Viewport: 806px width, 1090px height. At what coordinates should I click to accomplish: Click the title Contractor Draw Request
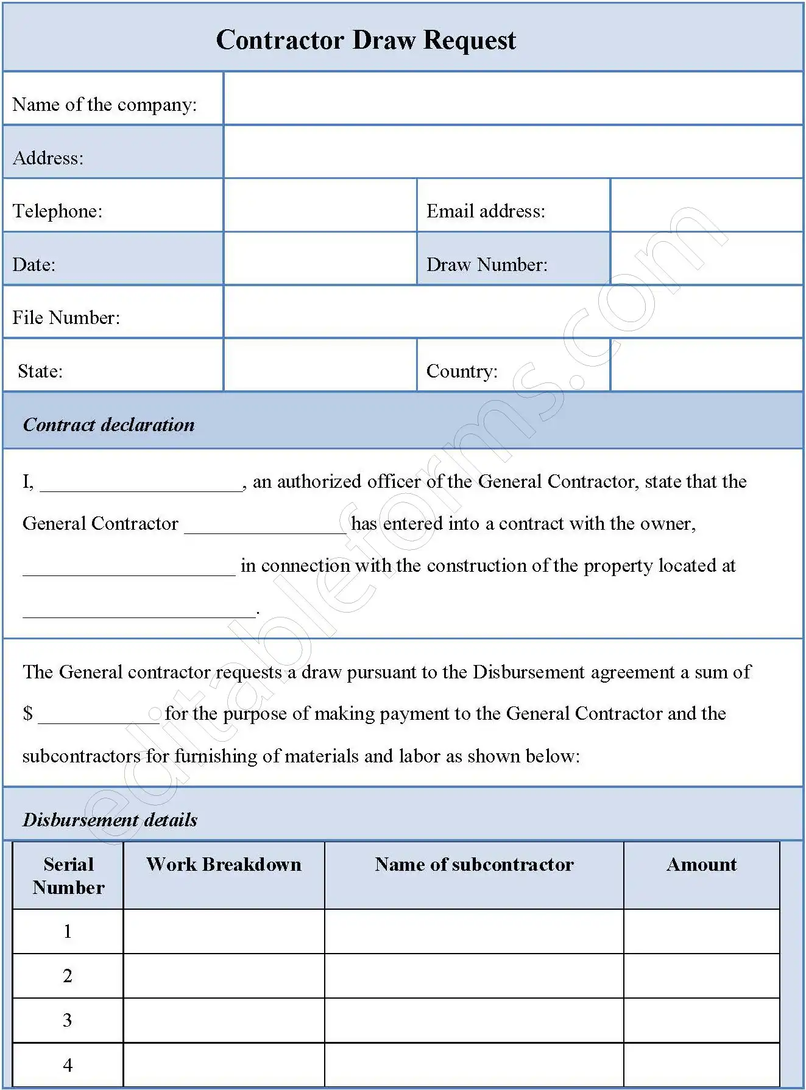(x=366, y=40)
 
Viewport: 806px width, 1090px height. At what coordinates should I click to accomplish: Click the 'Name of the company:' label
(x=104, y=105)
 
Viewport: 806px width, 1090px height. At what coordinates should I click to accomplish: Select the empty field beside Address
(x=513, y=152)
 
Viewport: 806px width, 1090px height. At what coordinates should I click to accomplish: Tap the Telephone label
(x=57, y=211)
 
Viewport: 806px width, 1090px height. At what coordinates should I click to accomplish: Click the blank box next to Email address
(x=706, y=205)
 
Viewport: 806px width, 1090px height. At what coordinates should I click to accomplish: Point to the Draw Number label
(x=487, y=265)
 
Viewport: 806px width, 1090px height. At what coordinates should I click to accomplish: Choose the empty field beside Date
(x=320, y=259)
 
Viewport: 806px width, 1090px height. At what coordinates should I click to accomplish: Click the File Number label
(x=66, y=318)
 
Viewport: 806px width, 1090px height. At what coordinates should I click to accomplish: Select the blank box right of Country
(x=706, y=365)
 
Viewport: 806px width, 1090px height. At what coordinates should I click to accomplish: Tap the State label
(x=40, y=371)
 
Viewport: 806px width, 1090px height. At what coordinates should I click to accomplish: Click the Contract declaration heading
(x=108, y=424)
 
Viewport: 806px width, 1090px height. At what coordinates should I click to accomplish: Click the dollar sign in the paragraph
(x=27, y=714)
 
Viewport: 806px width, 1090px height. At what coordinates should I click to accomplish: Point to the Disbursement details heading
(x=110, y=820)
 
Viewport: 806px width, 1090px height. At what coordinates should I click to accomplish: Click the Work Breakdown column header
(x=224, y=865)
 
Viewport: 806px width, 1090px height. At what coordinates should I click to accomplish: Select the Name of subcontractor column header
(x=474, y=865)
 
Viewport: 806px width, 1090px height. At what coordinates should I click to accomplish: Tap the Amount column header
(x=701, y=865)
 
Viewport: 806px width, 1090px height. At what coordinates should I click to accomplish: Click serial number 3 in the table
(x=67, y=1020)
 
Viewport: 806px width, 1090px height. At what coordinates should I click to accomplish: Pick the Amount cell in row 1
(x=701, y=931)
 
